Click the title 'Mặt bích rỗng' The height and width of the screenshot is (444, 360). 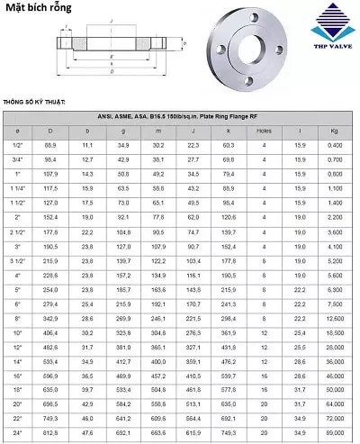(x=39, y=10)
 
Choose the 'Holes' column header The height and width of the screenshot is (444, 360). (x=264, y=131)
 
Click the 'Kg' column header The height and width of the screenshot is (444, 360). (x=335, y=131)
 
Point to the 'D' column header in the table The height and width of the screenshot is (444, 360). (x=50, y=131)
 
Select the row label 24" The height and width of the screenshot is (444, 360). (x=18, y=435)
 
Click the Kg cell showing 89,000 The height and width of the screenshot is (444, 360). (x=335, y=435)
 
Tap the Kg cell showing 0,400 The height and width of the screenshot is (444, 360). (x=335, y=145)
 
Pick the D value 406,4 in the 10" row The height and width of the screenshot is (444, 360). (x=50, y=333)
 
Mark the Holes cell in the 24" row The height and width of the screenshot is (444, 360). (x=264, y=435)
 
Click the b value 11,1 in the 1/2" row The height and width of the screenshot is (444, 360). (x=87, y=145)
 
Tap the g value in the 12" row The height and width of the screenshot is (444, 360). (x=123, y=348)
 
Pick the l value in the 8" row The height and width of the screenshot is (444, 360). (x=298, y=319)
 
